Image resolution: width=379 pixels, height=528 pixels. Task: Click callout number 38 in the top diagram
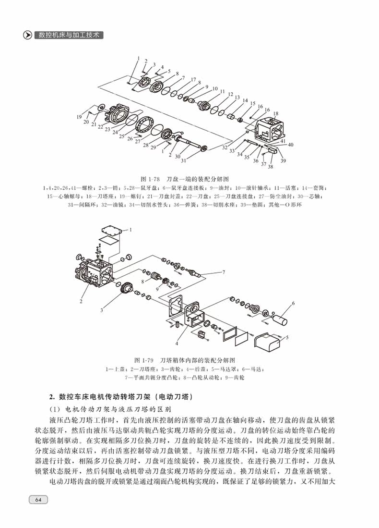click(270, 167)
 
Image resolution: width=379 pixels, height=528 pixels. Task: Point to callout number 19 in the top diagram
click(79, 117)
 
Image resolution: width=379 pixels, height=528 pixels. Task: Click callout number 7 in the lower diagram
click(223, 272)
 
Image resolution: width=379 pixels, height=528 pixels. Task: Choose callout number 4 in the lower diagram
click(177, 344)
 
